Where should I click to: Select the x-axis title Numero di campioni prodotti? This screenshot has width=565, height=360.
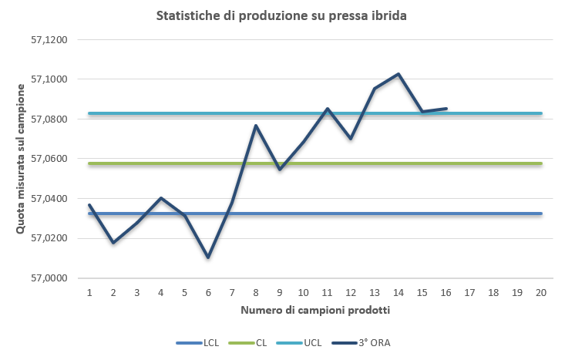(315, 311)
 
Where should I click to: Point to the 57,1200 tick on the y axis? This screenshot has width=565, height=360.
(49, 39)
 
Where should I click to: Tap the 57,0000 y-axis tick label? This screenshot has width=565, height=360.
(49, 278)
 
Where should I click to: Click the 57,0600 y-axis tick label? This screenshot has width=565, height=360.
(49, 159)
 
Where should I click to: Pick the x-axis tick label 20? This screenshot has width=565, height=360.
(541, 293)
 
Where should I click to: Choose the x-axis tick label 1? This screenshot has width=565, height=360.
(89, 293)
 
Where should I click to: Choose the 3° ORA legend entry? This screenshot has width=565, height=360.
(370, 342)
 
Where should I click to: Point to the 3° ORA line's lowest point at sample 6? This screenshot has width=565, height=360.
(208, 257)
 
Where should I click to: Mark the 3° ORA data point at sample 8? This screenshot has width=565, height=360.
(256, 126)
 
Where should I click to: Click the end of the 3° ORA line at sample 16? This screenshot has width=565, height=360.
(446, 109)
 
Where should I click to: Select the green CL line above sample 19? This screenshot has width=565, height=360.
(517, 163)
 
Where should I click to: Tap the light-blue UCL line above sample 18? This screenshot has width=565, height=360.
(493, 113)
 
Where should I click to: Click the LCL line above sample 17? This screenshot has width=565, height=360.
(469, 214)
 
